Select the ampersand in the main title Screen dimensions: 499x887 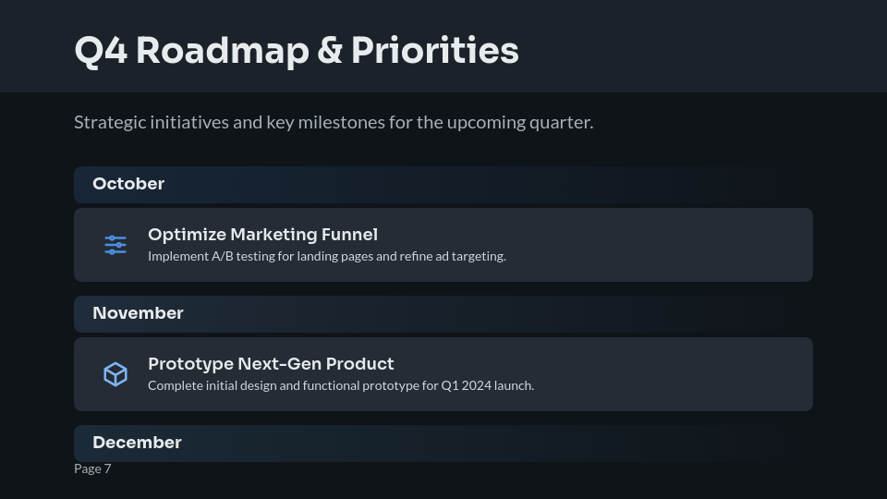coord(329,51)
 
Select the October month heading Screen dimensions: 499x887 coord(128,184)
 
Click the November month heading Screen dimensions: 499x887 coord(138,313)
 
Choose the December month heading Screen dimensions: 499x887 coord(137,443)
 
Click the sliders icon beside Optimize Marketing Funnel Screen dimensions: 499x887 coord(115,245)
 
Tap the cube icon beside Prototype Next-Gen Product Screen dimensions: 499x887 coord(115,374)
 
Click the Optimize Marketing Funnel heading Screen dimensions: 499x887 coord(262,235)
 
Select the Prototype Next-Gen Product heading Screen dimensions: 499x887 coord(271,364)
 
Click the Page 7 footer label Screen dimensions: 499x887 coord(92,469)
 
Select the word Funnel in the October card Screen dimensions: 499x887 coord(349,235)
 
